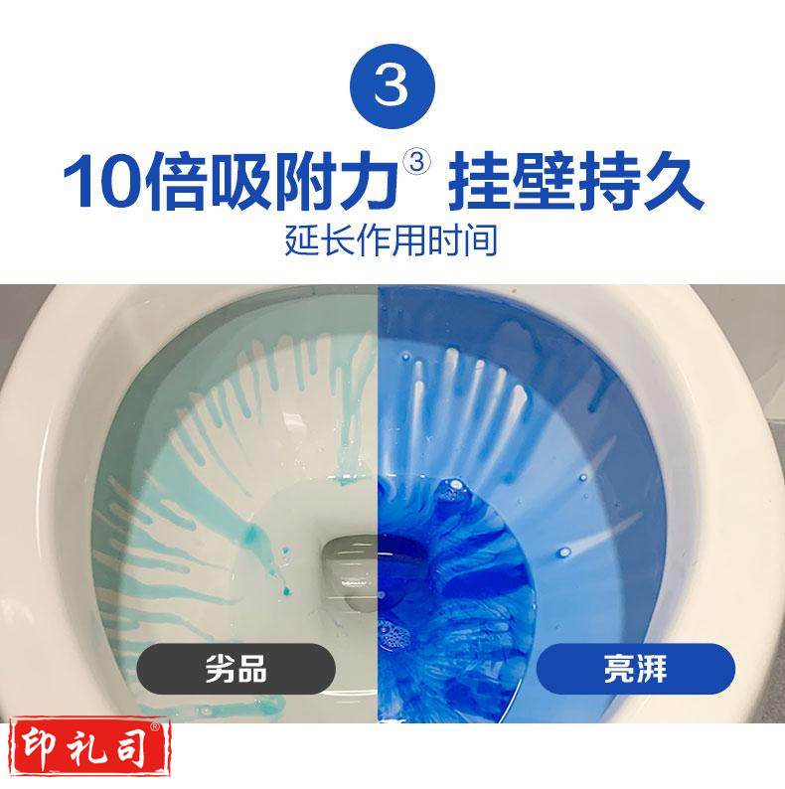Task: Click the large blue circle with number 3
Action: coord(392,86)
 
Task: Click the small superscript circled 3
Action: coord(417,163)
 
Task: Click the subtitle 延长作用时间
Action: coord(392,239)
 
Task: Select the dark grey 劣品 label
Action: coord(236,669)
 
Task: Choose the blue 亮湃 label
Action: coord(636,669)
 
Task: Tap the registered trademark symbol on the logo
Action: coord(155,726)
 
